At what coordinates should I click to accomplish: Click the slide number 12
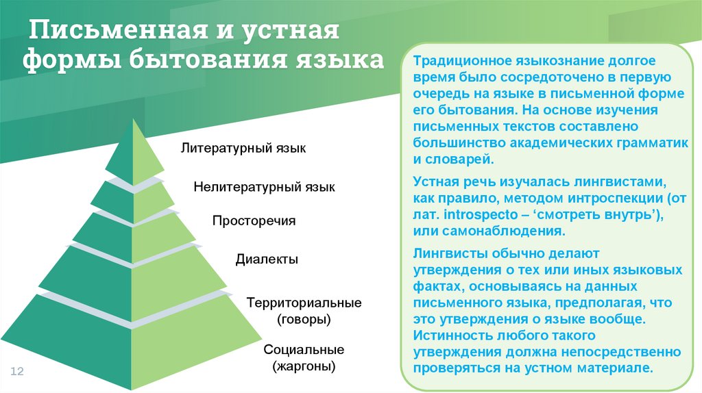pyautogui.click(x=17, y=371)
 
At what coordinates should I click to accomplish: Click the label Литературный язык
pyautogui.click(x=243, y=148)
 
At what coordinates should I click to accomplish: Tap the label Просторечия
pyautogui.click(x=254, y=221)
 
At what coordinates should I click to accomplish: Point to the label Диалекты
pyautogui.click(x=267, y=259)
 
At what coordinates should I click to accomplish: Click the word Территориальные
pyautogui.click(x=304, y=302)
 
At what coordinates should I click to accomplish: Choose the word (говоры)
pyautogui.click(x=304, y=319)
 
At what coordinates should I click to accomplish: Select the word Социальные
pyautogui.click(x=304, y=350)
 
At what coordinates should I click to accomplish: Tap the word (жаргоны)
pyautogui.click(x=304, y=367)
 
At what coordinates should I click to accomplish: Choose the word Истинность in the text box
pyautogui.click(x=448, y=335)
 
